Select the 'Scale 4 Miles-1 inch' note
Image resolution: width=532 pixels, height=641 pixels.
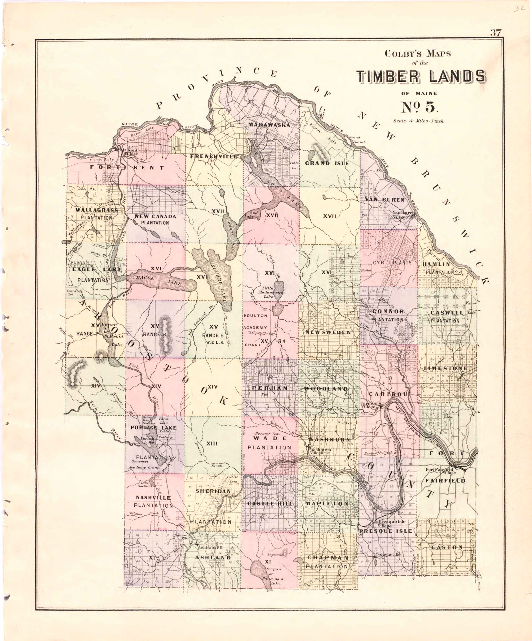[x=418, y=121]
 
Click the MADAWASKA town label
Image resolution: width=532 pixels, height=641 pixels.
[x=269, y=125]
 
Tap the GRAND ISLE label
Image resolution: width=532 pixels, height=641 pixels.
[x=327, y=163]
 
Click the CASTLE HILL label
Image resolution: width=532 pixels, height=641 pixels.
[x=270, y=503]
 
